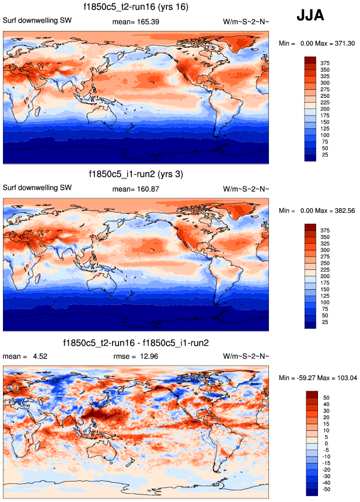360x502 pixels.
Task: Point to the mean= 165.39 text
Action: pos(135,22)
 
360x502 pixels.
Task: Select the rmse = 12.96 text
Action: pos(135,356)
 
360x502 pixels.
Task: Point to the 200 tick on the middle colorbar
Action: pos(326,276)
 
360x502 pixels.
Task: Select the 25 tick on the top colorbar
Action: pos(326,155)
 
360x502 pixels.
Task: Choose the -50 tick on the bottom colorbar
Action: pos(326,490)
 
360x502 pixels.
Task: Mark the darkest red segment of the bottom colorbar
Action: pos(310,395)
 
